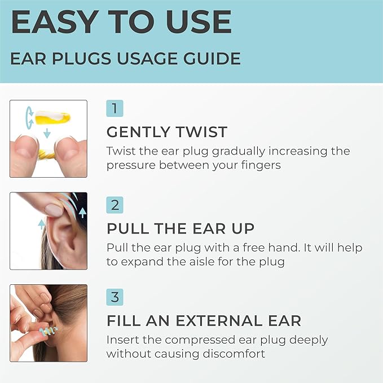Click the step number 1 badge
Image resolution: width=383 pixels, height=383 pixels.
(x=115, y=108)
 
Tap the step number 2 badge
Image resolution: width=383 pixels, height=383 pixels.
(x=115, y=204)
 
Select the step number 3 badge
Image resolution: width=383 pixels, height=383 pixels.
(x=115, y=297)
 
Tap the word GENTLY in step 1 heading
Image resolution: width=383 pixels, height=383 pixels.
(x=135, y=133)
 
